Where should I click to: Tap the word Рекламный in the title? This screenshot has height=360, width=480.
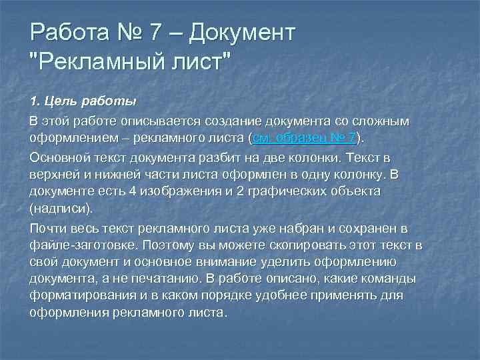[x=99, y=65]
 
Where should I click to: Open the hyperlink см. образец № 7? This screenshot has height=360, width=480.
[x=304, y=138]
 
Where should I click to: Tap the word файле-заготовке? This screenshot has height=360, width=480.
[x=73, y=245]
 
